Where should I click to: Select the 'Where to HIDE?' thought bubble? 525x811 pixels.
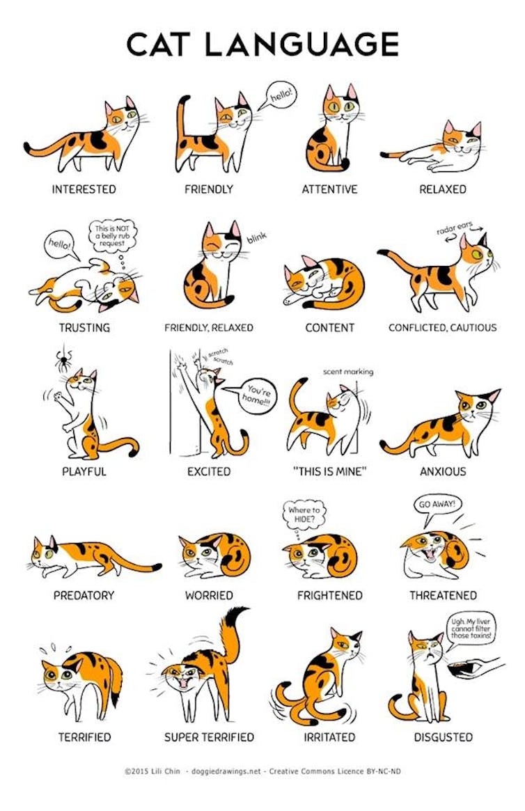(304, 516)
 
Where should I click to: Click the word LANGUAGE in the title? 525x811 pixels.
(303, 45)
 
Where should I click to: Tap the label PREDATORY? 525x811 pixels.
(84, 595)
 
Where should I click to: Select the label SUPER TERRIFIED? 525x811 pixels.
(208, 737)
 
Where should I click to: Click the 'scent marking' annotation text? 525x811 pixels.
(347, 372)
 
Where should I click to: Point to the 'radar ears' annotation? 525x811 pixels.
(454, 229)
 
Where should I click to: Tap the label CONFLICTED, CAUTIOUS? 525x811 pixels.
(442, 327)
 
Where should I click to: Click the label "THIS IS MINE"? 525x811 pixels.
(329, 471)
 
